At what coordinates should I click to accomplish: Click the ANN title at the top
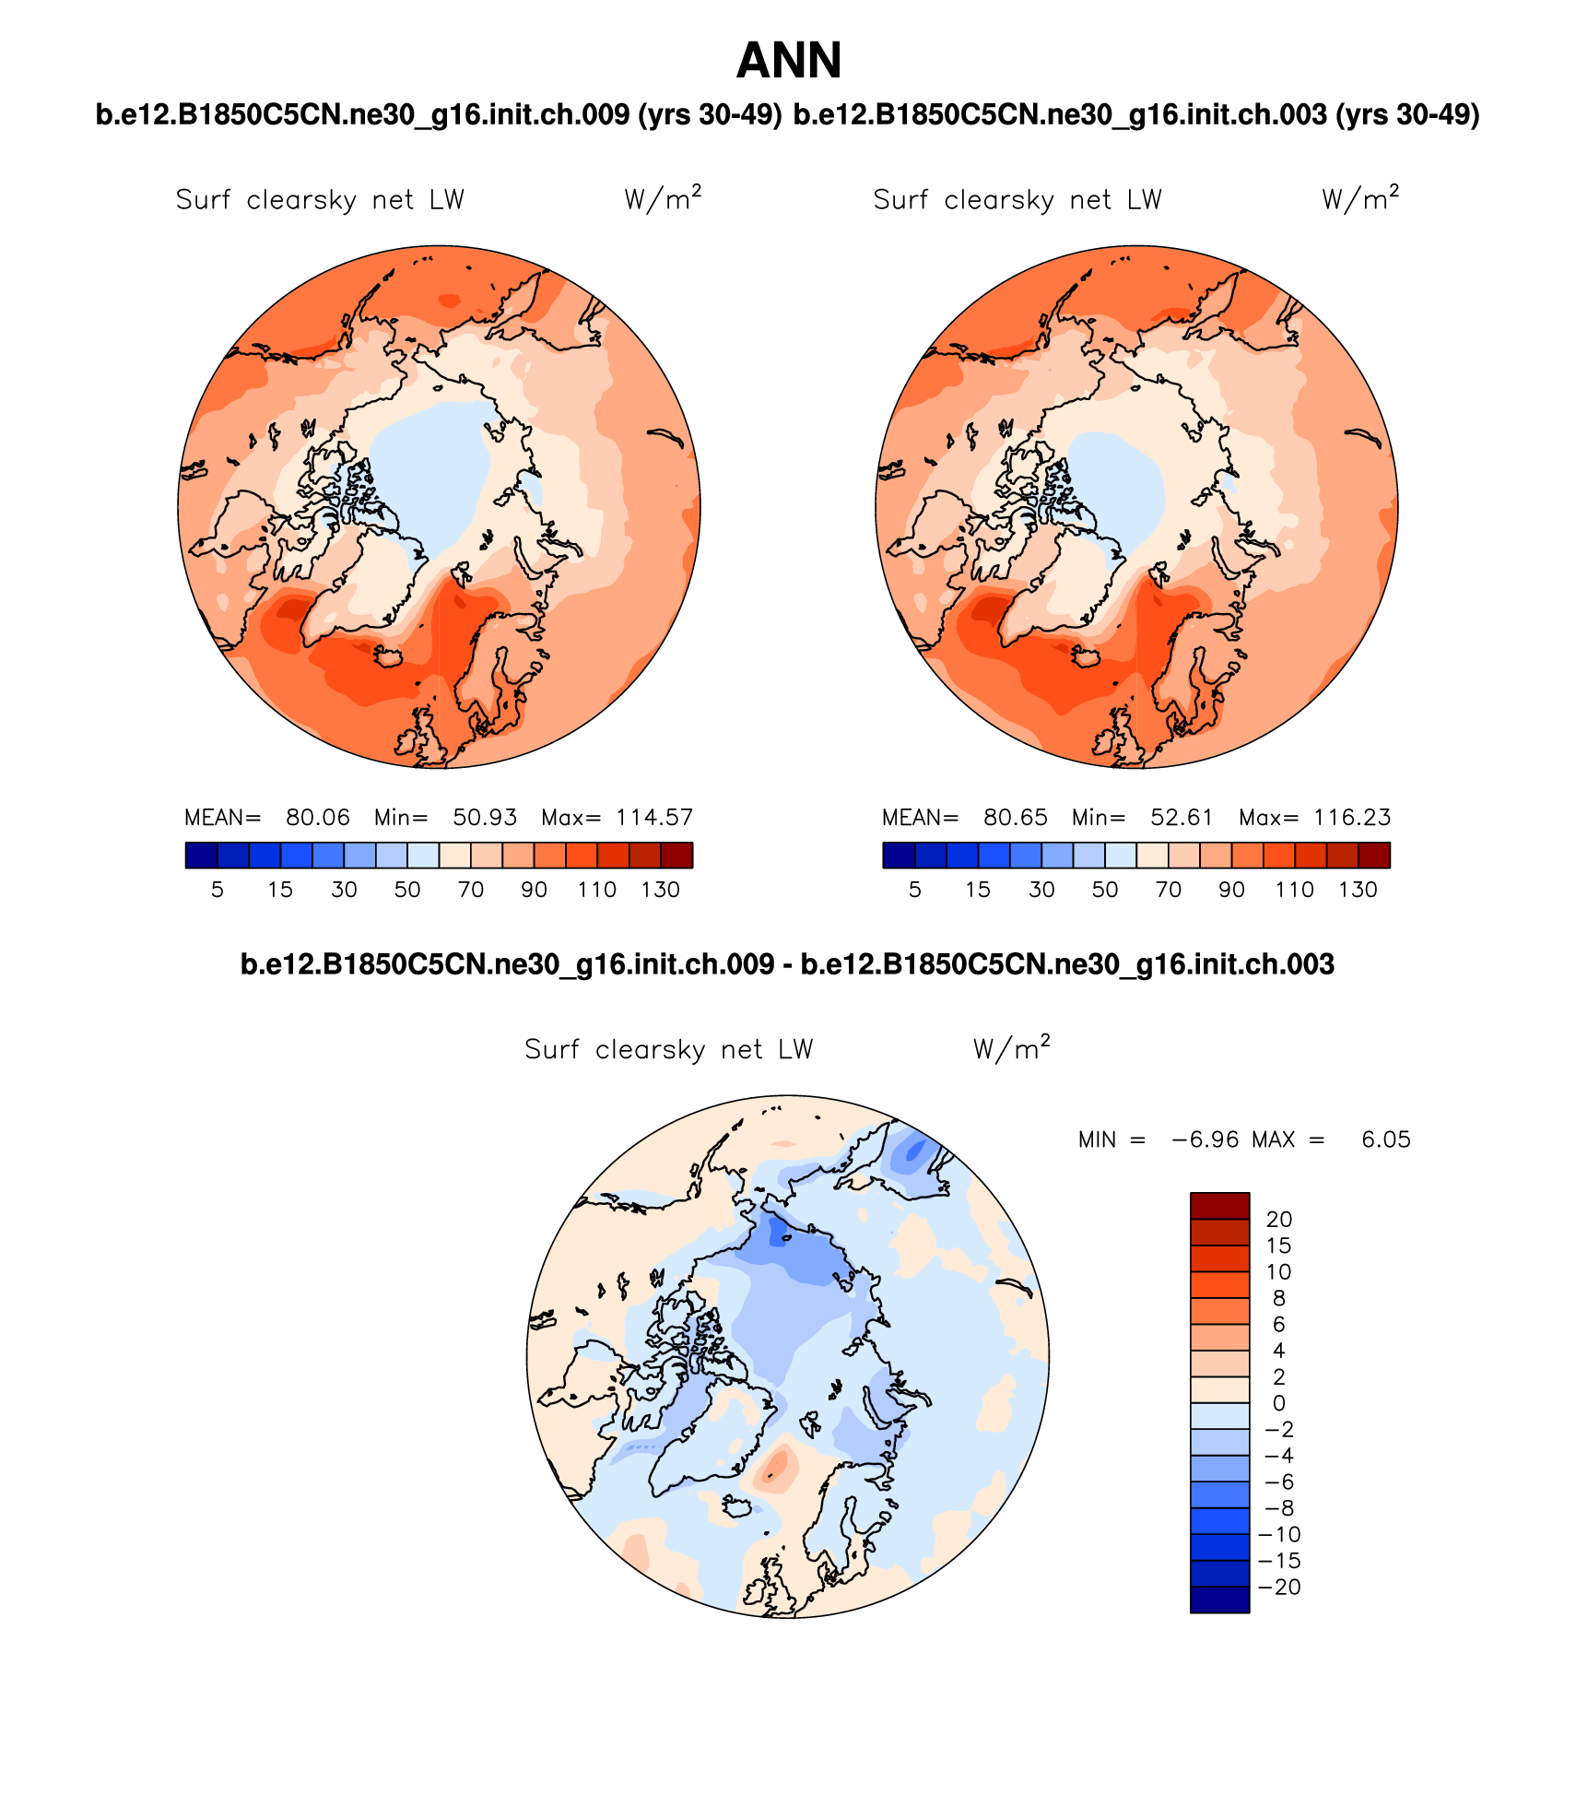789,62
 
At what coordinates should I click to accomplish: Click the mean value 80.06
318,818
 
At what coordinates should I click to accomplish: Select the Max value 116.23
1352,818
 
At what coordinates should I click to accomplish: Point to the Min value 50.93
485,818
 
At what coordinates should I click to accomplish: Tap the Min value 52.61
1182,818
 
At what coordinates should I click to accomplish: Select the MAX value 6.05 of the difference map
1386,1140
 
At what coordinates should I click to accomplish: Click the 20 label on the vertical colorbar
1279,1220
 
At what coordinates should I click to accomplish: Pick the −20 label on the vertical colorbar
1279,1588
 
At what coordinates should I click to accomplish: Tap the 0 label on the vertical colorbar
1278,1404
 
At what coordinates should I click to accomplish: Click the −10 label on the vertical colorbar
1279,1535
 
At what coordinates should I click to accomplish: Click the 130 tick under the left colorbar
661,891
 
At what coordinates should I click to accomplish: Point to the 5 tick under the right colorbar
915,891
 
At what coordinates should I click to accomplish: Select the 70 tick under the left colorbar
471,891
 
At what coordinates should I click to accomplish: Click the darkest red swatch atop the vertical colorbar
1219,1205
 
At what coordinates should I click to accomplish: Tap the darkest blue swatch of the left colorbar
201,856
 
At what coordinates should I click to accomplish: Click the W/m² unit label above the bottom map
1011,1048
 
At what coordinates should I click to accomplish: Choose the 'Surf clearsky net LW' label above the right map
1017,200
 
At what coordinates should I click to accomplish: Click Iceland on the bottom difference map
736,1506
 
